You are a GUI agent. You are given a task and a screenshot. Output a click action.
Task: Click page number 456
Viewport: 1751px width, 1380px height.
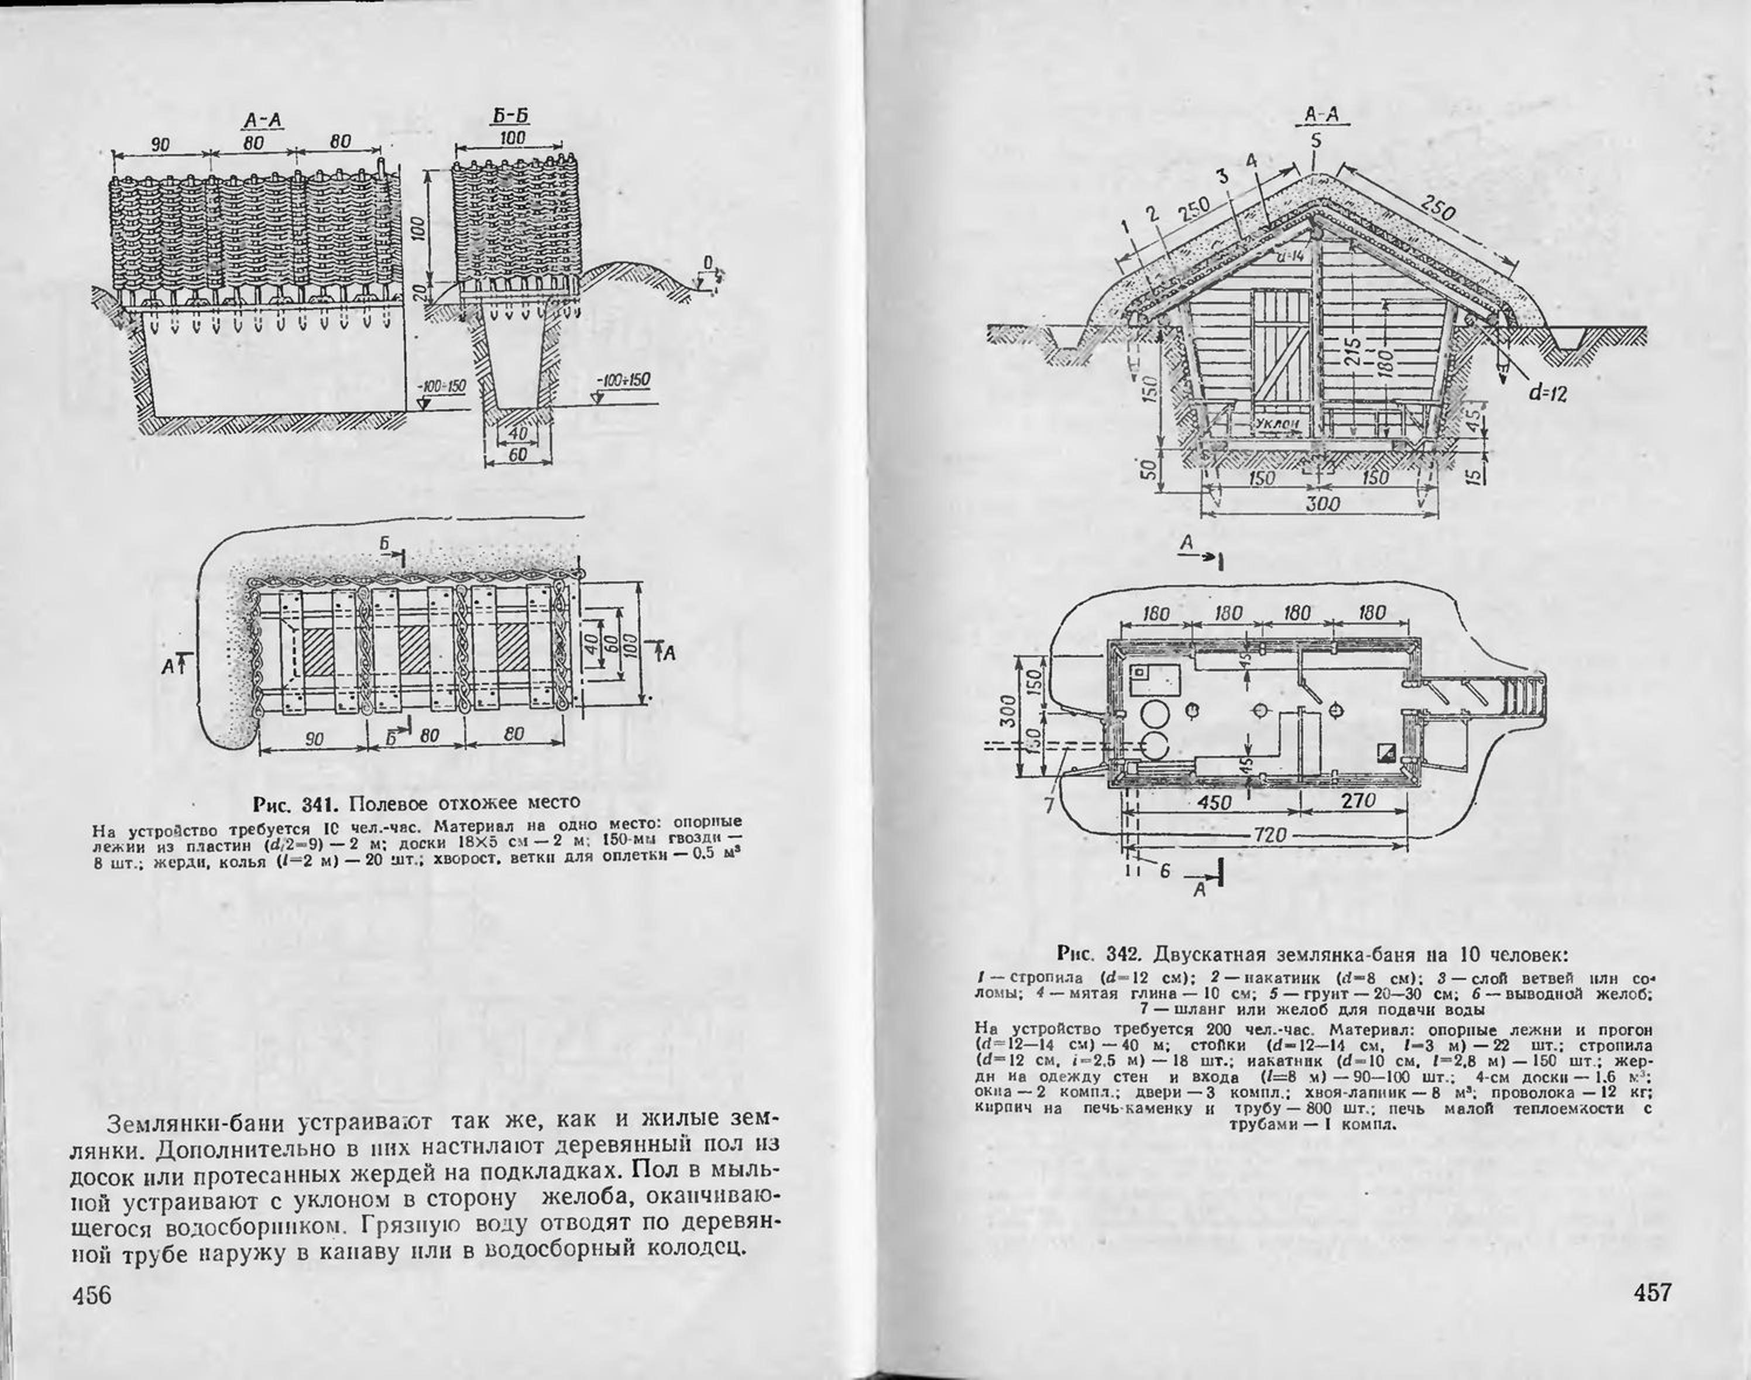point(92,1295)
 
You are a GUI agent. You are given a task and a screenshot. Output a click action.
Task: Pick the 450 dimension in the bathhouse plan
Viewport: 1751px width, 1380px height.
point(1214,802)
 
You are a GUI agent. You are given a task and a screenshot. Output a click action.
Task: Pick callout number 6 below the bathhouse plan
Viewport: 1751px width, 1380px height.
point(1165,873)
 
